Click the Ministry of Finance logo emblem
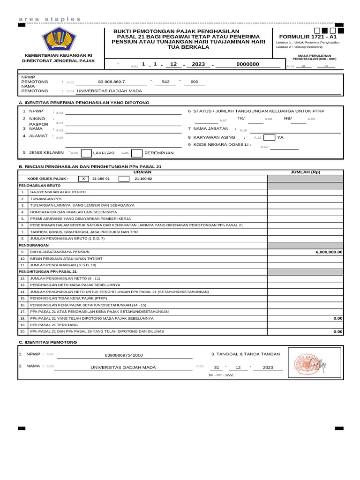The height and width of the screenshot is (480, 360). pyautogui.click(x=59, y=39)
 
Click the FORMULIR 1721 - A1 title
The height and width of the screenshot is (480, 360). pyautogui.click(x=307, y=37)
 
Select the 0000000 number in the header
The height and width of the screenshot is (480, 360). pyautogui.click(x=247, y=64)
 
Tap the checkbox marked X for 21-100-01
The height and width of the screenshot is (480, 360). pyautogui.click(x=83, y=179)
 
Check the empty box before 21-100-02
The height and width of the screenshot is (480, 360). pyautogui.click(x=124, y=179)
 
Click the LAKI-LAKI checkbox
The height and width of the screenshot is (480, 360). pyautogui.click(x=86, y=153)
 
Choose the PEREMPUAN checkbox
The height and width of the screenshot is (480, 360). pyautogui.click(x=137, y=153)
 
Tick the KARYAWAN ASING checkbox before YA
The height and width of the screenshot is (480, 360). pyautogui.click(x=269, y=138)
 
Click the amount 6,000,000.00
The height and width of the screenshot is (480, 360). pyautogui.click(x=329, y=252)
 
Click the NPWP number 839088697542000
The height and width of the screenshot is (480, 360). pyautogui.click(x=124, y=355)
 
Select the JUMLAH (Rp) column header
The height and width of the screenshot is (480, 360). pyautogui.click(x=305, y=172)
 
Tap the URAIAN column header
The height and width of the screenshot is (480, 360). pyautogui.click(x=142, y=172)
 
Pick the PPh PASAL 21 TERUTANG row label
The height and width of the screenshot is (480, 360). pyautogui.click(x=54, y=324)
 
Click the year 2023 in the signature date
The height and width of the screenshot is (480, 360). pyautogui.click(x=268, y=367)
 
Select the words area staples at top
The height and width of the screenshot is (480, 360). pyautogui.click(x=50, y=19)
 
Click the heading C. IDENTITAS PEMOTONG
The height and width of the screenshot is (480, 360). pyautogui.click(x=47, y=342)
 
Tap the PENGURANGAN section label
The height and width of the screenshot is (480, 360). pyautogui.click(x=34, y=245)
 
